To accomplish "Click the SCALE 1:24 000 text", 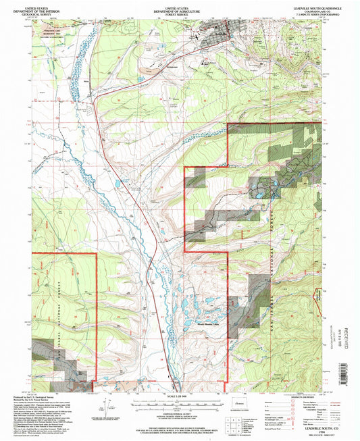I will tap(177, 396).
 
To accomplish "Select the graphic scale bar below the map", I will tap(177, 403).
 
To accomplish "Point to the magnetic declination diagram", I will tap(106, 408).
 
